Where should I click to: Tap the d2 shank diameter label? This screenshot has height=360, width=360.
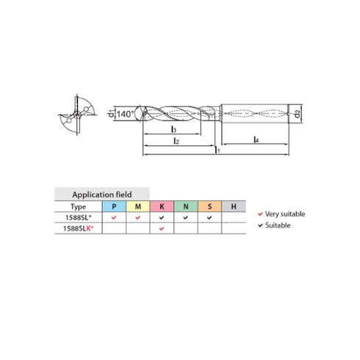tap(295, 113)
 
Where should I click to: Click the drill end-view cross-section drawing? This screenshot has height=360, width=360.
tap(75, 113)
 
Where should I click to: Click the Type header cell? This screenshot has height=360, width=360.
tap(79, 206)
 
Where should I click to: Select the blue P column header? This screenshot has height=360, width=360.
tap(114, 206)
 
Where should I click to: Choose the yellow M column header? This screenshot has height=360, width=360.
tap(137, 206)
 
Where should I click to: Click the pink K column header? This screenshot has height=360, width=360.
tap(162, 206)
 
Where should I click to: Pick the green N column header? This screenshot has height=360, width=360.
tap(185, 206)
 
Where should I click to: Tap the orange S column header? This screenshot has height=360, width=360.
tap(209, 206)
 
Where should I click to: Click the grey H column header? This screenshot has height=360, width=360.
tap(233, 206)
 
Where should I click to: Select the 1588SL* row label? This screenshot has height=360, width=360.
tap(79, 218)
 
